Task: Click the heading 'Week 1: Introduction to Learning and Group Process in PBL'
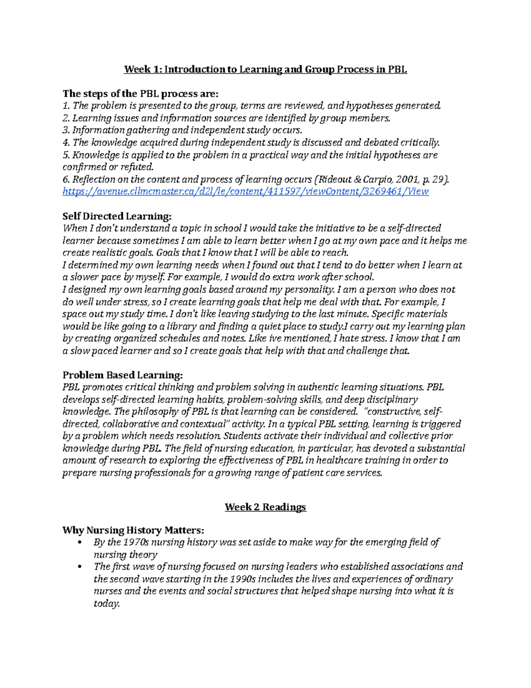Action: coord(265,69)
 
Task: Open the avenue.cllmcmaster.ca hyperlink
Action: coord(246,191)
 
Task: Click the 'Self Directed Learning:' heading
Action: coord(116,216)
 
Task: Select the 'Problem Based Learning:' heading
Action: coord(122,375)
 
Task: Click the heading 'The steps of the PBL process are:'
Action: coord(141,93)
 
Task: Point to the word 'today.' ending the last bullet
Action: coord(107,603)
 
